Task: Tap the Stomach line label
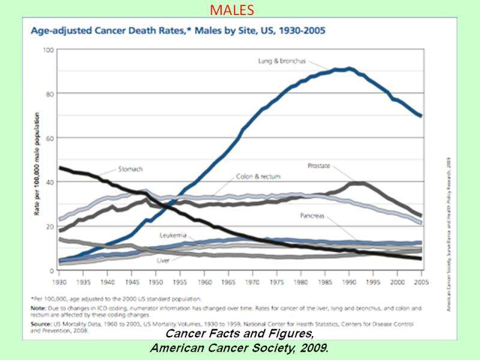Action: [130, 170]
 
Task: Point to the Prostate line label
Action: [319, 165]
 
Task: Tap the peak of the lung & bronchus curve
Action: [350, 69]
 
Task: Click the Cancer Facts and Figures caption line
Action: [239, 335]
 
